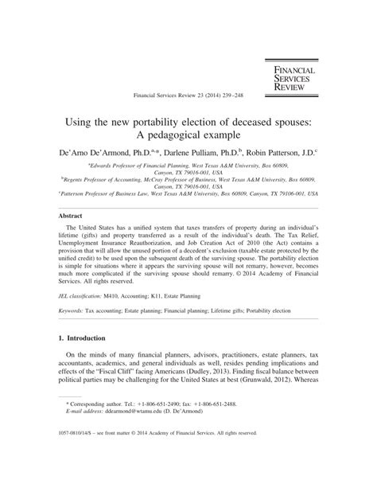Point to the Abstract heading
tap(72, 216)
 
